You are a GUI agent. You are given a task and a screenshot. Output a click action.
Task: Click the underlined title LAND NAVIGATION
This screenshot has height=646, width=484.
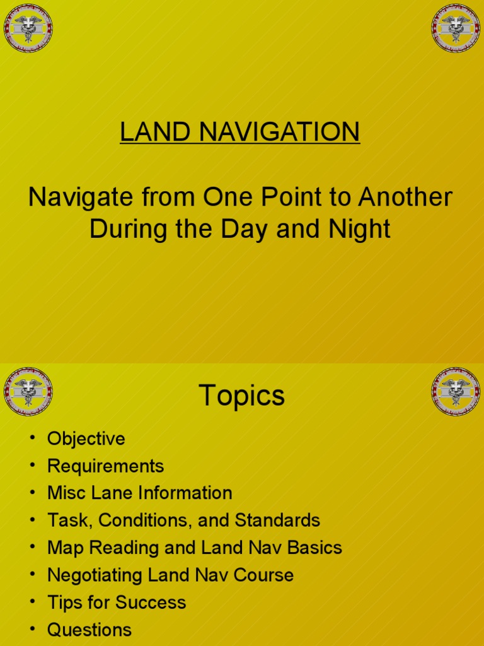click(x=240, y=132)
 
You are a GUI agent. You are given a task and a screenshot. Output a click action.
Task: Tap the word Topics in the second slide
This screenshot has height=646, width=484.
click(x=242, y=396)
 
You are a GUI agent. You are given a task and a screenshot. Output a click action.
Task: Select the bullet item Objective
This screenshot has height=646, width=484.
click(x=86, y=439)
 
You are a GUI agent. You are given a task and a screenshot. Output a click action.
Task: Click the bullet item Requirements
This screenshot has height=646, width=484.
click(x=105, y=466)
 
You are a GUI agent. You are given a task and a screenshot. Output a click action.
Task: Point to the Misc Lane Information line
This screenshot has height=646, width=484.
click(x=139, y=493)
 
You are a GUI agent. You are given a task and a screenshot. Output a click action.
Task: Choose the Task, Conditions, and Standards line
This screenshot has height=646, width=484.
click(x=183, y=520)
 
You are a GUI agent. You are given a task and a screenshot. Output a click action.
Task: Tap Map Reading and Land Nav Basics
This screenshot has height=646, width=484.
click(x=194, y=548)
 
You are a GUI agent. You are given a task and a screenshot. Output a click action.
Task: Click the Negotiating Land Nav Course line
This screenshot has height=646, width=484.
click(x=170, y=575)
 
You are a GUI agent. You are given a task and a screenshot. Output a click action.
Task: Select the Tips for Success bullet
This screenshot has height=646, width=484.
click(x=117, y=602)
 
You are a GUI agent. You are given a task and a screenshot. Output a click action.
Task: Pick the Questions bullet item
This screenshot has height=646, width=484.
click(x=89, y=630)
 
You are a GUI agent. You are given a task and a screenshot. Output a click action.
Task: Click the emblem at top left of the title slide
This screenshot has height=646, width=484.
click(x=28, y=28)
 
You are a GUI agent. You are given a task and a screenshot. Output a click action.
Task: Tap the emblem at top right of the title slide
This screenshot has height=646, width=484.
click(x=456, y=28)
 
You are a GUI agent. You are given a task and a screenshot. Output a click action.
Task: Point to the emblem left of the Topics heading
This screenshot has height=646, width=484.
click(x=28, y=391)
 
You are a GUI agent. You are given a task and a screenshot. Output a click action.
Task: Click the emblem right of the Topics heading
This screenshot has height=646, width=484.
click(x=456, y=391)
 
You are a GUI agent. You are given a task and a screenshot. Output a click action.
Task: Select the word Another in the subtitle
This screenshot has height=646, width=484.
click(x=405, y=197)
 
